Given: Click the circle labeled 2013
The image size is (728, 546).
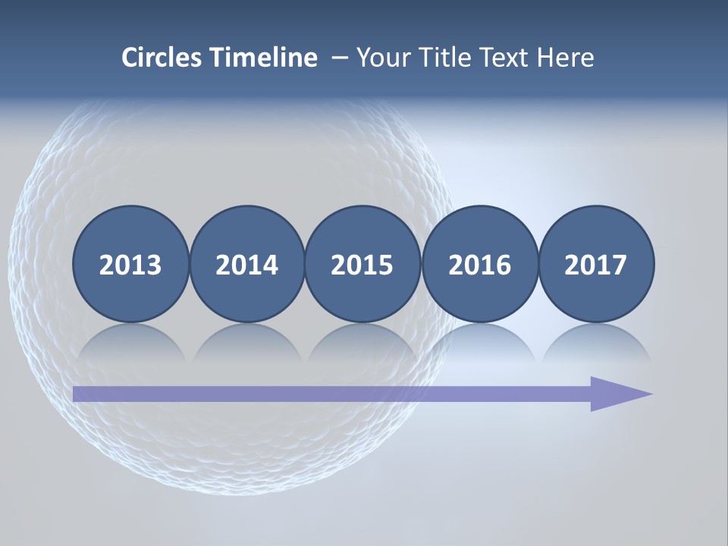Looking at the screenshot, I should (130, 264).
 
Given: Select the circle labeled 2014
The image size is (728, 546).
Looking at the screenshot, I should (247, 264).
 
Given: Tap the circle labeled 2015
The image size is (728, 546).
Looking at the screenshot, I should (362, 264).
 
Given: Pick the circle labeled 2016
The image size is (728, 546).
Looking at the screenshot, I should (480, 264).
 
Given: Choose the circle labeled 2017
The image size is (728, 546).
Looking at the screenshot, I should (596, 264).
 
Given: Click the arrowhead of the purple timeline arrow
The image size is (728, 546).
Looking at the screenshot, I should (619, 394).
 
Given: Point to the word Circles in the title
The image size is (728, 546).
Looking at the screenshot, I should (162, 57).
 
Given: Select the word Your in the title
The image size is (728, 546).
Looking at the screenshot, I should (381, 57).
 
